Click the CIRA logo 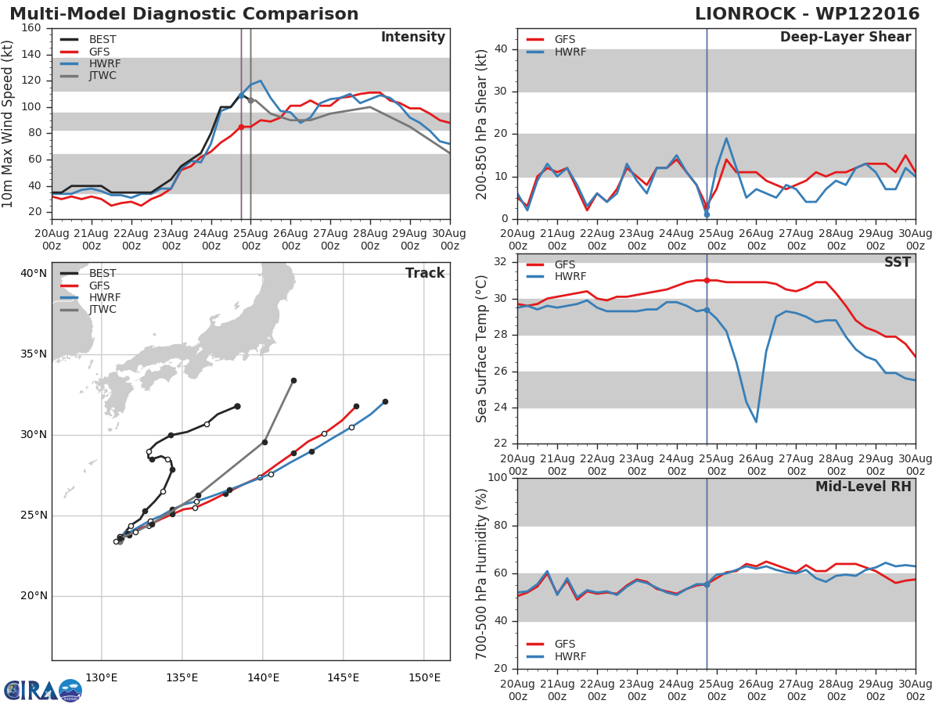tap(43, 690)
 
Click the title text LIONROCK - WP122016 tap(807, 13)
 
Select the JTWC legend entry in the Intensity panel tap(91, 76)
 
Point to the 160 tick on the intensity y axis tap(31, 28)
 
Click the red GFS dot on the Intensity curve tap(241, 127)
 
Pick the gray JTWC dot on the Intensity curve tap(250, 100)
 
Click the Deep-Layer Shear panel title tap(845, 38)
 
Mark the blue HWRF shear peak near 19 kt tap(726, 138)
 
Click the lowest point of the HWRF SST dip tap(756, 422)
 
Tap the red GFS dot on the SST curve tap(707, 280)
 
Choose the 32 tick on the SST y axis tap(501, 261)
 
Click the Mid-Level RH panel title tap(863, 487)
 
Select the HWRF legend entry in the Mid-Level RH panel tap(556, 656)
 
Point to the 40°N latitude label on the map tap(34, 273)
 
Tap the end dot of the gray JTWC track tap(293, 380)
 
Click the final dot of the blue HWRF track tap(385, 402)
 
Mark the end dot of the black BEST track tap(237, 406)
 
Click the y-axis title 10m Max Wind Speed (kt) tap(7, 124)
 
